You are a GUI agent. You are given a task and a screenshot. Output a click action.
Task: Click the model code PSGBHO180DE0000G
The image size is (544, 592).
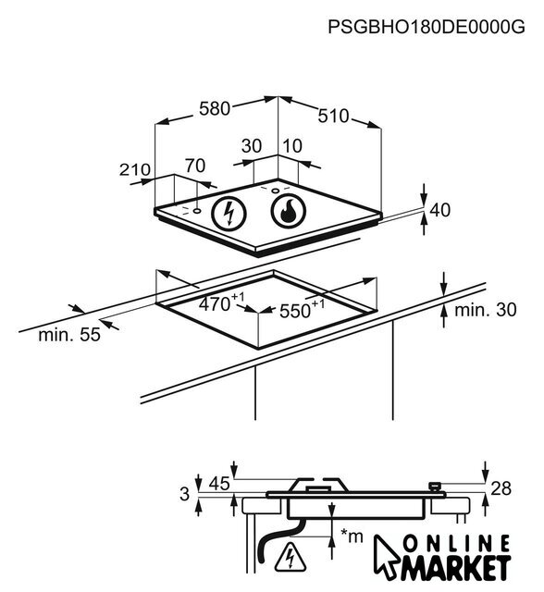click(427, 27)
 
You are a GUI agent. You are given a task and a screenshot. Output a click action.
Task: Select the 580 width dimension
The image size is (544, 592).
click(214, 109)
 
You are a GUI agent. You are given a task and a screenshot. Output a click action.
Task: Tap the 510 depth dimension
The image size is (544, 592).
click(333, 116)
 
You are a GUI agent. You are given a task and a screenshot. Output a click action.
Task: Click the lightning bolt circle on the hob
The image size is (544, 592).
click(229, 214)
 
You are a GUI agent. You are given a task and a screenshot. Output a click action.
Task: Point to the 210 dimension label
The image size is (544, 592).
click(135, 170)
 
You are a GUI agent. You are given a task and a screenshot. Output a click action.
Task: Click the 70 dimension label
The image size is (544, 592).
click(195, 166)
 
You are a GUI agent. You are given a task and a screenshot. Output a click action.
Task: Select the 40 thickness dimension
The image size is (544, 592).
click(440, 210)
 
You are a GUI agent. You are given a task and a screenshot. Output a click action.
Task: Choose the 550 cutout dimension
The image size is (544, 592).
click(302, 309)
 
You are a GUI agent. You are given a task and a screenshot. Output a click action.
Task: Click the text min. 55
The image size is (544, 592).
click(69, 335)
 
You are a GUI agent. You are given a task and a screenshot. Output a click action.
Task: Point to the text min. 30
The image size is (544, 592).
click(486, 310)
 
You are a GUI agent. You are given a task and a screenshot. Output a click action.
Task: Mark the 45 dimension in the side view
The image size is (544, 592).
click(219, 484)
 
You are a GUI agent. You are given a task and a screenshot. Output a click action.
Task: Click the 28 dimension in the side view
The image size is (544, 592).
click(501, 488)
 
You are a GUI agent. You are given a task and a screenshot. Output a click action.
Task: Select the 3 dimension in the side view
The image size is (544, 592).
click(185, 494)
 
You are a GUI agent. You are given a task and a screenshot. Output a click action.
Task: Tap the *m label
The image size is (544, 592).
click(351, 536)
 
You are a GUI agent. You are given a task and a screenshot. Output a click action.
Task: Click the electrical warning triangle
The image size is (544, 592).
click(290, 557)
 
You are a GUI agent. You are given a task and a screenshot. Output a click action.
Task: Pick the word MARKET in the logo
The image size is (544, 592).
click(456, 567)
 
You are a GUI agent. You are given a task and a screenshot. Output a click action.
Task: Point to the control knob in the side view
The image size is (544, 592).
click(435, 487)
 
